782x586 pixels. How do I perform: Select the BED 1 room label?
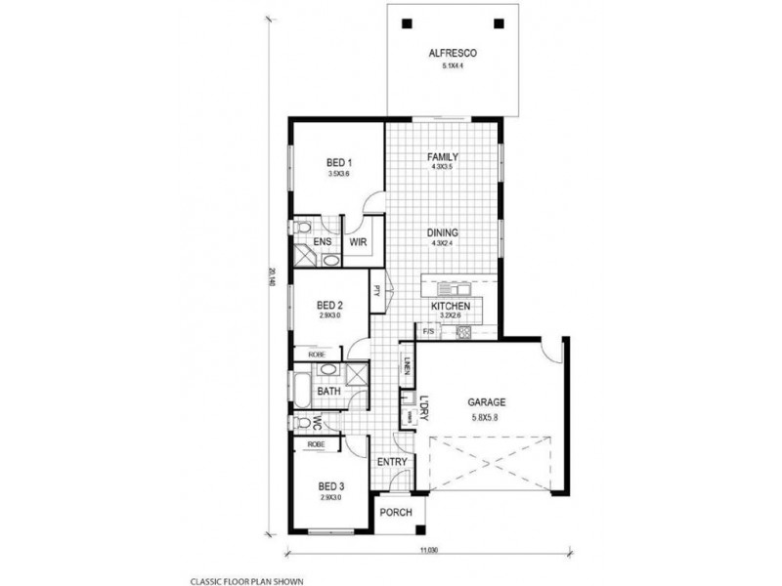pos(338,162)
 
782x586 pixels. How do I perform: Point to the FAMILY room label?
pos(443,156)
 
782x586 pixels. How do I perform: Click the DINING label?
pos(443,232)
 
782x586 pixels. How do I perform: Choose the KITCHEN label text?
pos(451,307)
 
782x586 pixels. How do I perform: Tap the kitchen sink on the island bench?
pos(453,288)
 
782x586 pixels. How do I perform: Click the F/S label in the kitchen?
pos(427,333)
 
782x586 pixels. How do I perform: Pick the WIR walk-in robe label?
pos(357,241)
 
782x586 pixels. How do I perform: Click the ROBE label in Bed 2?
pos(316,355)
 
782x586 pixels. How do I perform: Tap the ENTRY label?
pos(391,461)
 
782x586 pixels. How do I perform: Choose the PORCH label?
pos(396,513)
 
